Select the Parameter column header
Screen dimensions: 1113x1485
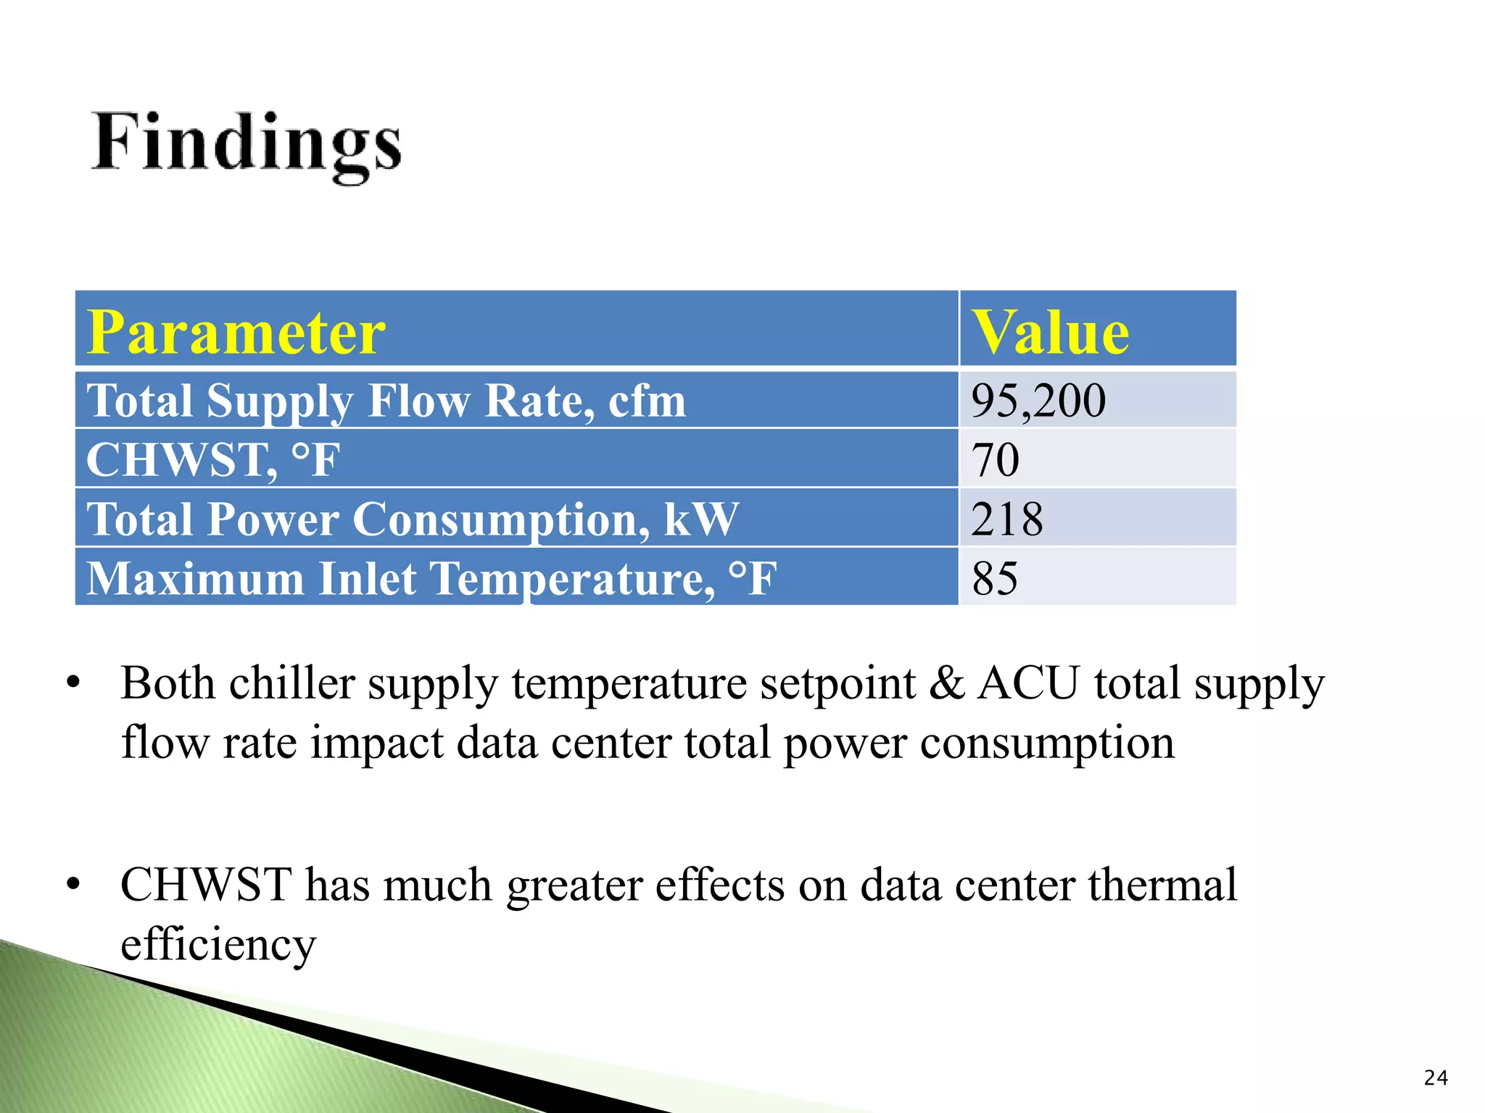point(236,332)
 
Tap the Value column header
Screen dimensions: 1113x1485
point(1050,332)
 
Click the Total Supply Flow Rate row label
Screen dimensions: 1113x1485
point(386,401)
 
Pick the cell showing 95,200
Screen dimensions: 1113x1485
point(1038,401)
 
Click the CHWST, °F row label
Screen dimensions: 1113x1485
point(212,459)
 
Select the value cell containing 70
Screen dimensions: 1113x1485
point(995,459)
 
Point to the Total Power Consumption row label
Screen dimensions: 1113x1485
point(412,519)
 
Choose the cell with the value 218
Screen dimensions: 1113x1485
point(1006,519)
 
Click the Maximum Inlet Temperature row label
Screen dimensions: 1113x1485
point(431,578)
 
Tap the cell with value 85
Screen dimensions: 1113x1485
point(995,578)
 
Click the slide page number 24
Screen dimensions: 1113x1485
point(1435,1078)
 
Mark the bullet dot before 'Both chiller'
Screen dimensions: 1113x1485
point(73,685)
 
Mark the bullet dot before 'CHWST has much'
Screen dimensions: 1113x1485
point(73,885)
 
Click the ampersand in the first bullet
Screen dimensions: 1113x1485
point(946,683)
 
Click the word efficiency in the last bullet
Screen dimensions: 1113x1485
point(218,945)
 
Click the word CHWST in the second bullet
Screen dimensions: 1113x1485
point(206,885)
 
